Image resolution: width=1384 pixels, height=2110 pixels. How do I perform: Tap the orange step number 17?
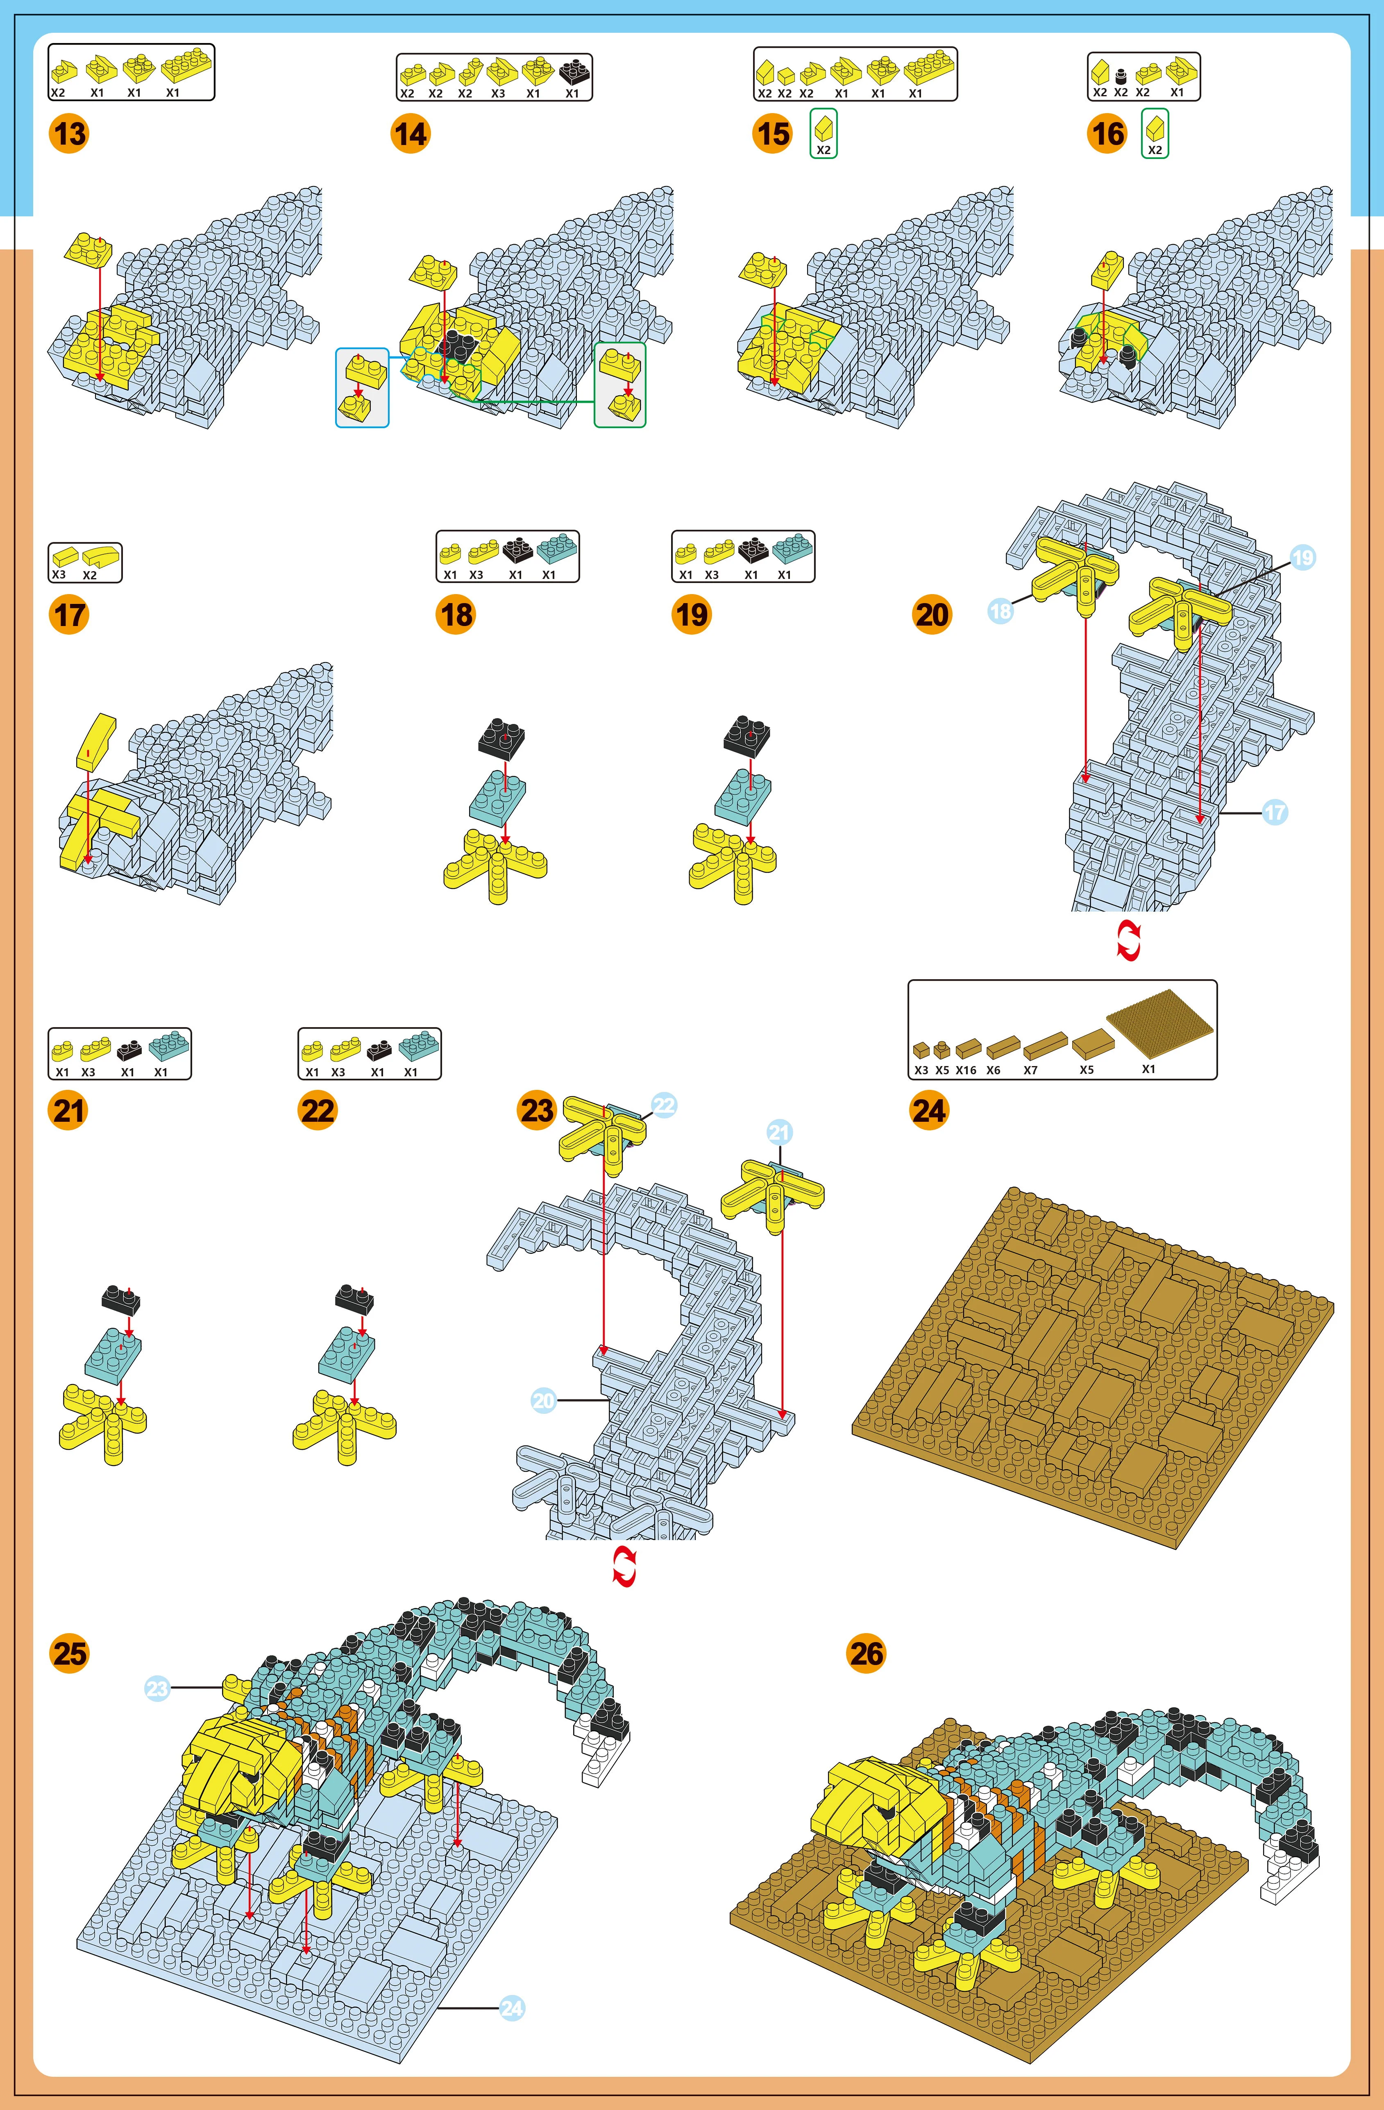tap(69, 615)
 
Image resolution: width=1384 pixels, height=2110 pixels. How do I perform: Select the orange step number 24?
tap(928, 1110)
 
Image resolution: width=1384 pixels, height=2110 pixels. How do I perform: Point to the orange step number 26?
tap(866, 1654)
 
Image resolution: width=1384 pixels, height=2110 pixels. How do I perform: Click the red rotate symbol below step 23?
tap(624, 1568)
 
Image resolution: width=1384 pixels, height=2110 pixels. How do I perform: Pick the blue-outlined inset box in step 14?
tap(362, 388)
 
